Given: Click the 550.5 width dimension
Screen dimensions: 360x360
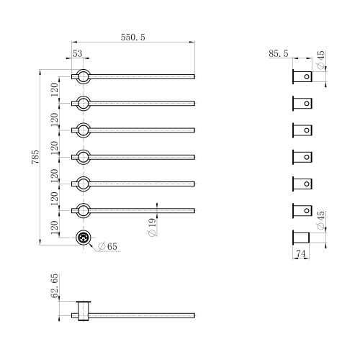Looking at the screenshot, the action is [133, 37].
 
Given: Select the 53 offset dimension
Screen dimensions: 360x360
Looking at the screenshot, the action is [78, 53].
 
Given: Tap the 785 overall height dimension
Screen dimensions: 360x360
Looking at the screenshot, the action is [35, 157].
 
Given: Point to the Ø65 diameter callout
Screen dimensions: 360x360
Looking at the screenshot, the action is [107, 246].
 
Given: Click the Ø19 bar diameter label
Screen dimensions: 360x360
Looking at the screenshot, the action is [152, 227].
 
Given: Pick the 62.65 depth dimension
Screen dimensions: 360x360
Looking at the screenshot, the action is [55, 286].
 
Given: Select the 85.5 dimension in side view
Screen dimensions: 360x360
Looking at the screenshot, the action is [279, 53].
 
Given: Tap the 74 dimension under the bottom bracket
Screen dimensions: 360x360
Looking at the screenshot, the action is [301, 253].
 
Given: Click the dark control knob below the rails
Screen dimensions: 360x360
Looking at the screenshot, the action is [84, 238].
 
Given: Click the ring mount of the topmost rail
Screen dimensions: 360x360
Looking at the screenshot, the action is [84, 70].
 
